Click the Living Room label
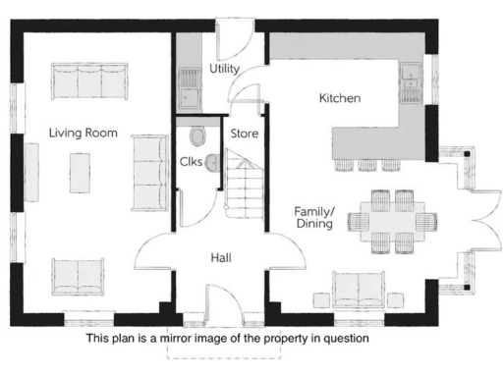(84, 132)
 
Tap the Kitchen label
(341, 99)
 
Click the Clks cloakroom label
(192, 162)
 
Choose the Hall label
(222, 257)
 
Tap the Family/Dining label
(313, 217)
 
